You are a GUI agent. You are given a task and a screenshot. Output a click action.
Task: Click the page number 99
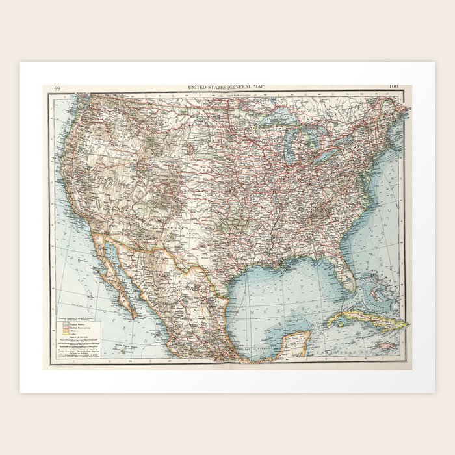(58, 87)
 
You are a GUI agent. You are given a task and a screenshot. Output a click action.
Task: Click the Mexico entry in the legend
(73, 331)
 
